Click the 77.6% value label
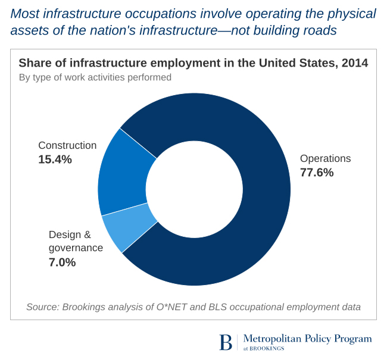(317, 173)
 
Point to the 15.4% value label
(55, 159)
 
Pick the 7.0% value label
(62, 262)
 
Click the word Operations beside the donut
(325, 159)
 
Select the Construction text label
(67, 145)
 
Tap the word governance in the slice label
(76, 248)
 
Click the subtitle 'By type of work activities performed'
(95, 77)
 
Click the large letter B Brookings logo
(226, 342)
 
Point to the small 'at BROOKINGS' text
(264, 348)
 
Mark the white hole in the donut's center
(194, 190)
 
